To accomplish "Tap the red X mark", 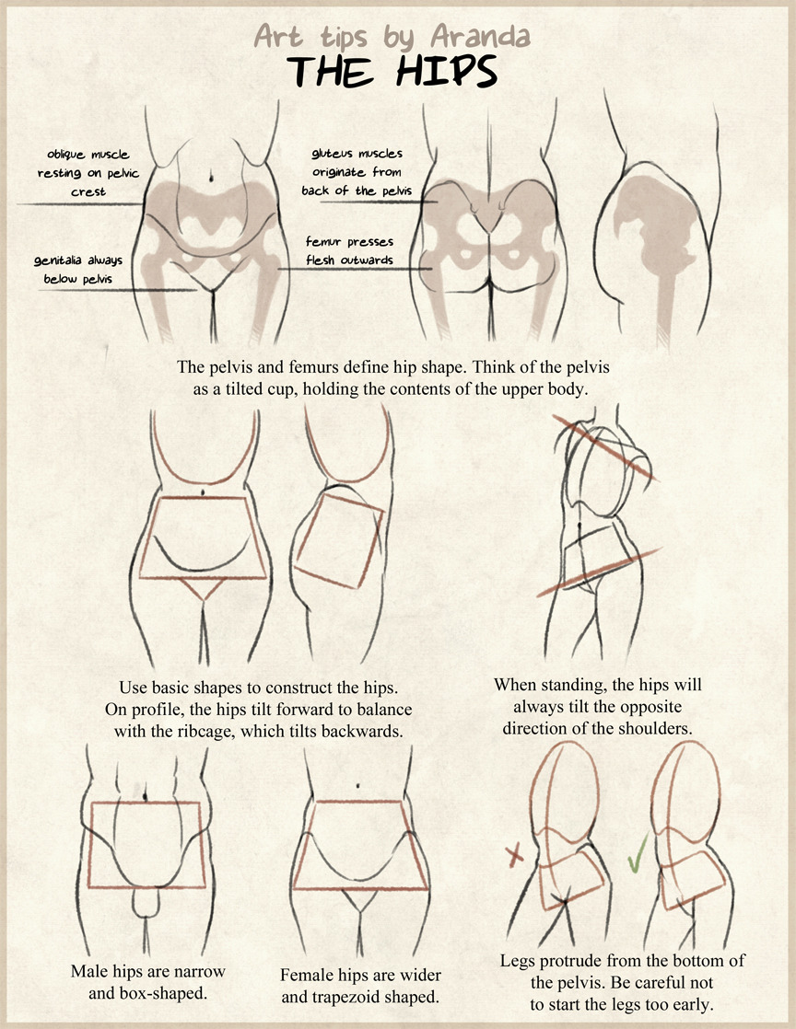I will click(515, 855).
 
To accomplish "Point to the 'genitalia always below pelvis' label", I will click(78, 269).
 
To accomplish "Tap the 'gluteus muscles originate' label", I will click(357, 172).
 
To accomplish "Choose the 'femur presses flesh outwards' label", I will click(349, 250).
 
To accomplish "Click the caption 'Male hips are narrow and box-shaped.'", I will click(147, 980).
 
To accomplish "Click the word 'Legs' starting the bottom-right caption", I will click(519, 961).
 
